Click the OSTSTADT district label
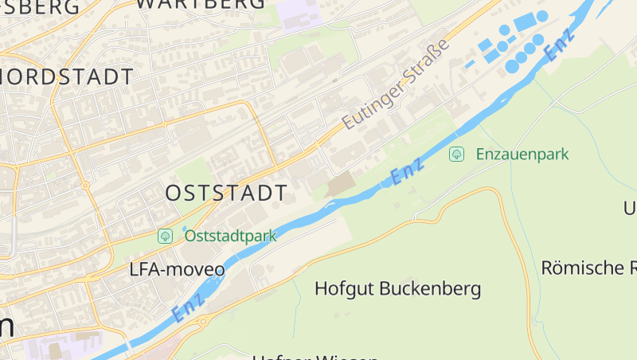click(x=226, y=193)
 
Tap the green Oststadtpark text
click(x=230, y=236)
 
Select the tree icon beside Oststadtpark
click(x=166, y=236)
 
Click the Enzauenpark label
click(x=522, y=154)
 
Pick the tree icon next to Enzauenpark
click(x=457, y=154)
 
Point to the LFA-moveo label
click(x=177, y=270)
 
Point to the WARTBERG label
click(x=201, y=4)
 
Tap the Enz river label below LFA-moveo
click(x=188, y=307)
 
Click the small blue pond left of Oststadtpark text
click(x=184, y=231)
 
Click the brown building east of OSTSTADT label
click(x=342, y=185)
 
